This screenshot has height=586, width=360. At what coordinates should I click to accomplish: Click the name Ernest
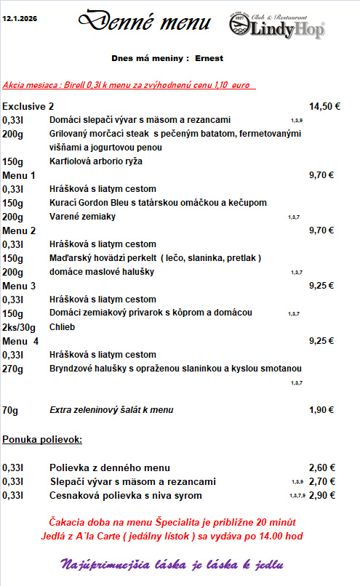click(x=209, y=57)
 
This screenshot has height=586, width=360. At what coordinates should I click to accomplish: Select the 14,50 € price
click(x=324, y=106)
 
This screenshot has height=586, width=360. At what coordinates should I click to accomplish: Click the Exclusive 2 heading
click(x=28, y=106)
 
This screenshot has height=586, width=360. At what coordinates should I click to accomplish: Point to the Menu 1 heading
click(x=19, y=175)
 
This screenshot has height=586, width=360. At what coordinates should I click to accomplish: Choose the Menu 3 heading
click(x=19, y=286)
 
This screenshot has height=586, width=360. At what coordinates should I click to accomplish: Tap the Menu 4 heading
click(x=20, y=340)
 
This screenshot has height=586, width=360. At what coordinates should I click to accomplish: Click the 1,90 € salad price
click(x=321, y=410)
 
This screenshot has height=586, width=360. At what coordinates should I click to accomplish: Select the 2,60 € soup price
click(x=321, y=467)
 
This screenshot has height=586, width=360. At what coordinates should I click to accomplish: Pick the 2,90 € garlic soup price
click(x=321, y=495)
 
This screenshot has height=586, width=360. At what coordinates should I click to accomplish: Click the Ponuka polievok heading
click(x=42, y=439)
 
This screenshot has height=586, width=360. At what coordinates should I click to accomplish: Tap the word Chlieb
click(x=63, y=327)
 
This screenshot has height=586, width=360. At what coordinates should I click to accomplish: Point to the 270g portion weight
click(x=13, y=369)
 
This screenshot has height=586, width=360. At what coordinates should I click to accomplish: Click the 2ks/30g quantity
click(x=19, y=327)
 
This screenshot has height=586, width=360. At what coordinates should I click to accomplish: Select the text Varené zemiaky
click(x=82, y=217)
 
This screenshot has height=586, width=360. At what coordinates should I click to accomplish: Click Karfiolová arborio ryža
click(x=96, y=161)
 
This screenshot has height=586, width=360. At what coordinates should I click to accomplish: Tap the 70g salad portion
click(x=10, y=410)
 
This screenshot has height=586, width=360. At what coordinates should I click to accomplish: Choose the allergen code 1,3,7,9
click(x=296, y=496)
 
